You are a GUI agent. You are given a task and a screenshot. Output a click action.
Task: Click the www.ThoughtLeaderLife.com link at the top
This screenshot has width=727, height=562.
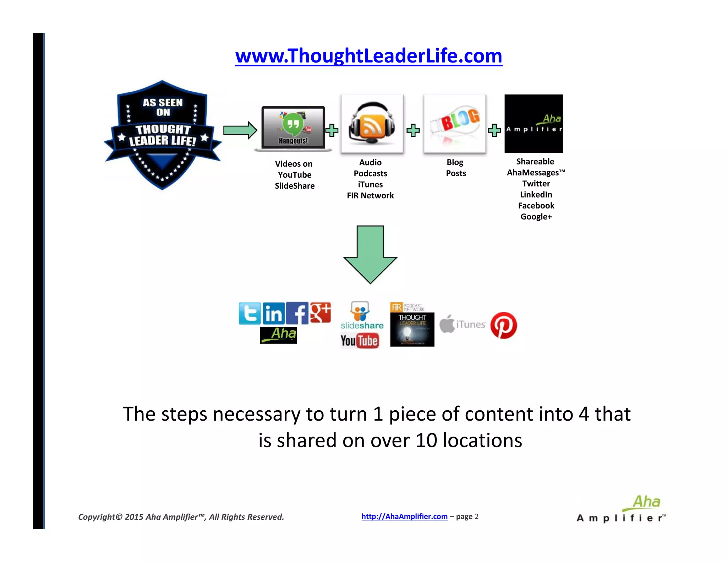[x=368, y=56]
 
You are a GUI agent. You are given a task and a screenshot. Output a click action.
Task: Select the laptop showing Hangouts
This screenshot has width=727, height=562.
[x=293, y=128]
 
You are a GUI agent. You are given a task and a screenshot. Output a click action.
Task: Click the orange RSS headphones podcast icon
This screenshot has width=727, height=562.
[x=372, y=124]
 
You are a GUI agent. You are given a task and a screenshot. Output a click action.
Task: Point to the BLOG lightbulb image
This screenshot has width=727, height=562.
[x=455, y=124]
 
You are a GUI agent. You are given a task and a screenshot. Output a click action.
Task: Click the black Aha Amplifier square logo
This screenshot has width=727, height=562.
[x=534, y=124]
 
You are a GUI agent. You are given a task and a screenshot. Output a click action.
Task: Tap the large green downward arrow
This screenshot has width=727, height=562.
[x=370, y=254]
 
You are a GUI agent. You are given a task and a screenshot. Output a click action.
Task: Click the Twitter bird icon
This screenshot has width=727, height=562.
[x=250, y=313]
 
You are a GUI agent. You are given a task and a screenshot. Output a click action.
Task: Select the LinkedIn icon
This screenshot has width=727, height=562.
[x=274, y=313]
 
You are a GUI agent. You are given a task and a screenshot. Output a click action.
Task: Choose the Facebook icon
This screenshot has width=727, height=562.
[x=297, y=313]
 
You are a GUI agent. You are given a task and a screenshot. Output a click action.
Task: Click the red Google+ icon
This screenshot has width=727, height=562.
[x=320, y=313]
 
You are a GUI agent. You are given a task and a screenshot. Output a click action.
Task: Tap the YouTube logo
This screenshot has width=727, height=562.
[x=360, y=341]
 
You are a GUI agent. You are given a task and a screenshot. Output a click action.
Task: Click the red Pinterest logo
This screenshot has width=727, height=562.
[x=503, y=325]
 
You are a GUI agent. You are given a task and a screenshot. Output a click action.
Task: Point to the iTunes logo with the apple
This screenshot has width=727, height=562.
[x=463, y=324]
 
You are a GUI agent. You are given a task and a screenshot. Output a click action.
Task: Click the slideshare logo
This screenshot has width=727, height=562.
[x=362, y=316]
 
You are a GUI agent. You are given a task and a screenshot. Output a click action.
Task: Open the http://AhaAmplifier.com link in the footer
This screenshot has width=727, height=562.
[x=404, y=516]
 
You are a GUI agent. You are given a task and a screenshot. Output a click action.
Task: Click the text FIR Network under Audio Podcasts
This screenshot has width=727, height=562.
[x=370, y=195]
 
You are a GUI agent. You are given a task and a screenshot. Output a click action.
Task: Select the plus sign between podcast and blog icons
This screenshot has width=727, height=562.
[x=413, y=130]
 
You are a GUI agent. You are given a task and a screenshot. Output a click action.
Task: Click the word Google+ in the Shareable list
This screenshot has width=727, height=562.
[x=536, y=217]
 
